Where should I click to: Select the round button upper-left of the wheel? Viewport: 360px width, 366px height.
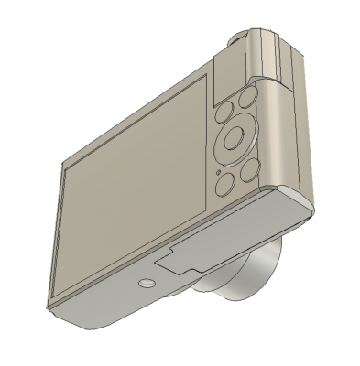(x=224, y=113)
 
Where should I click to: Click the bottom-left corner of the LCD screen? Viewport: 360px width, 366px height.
(x=57, y=283)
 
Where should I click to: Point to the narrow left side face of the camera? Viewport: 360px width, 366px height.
(x=49, y=238)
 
